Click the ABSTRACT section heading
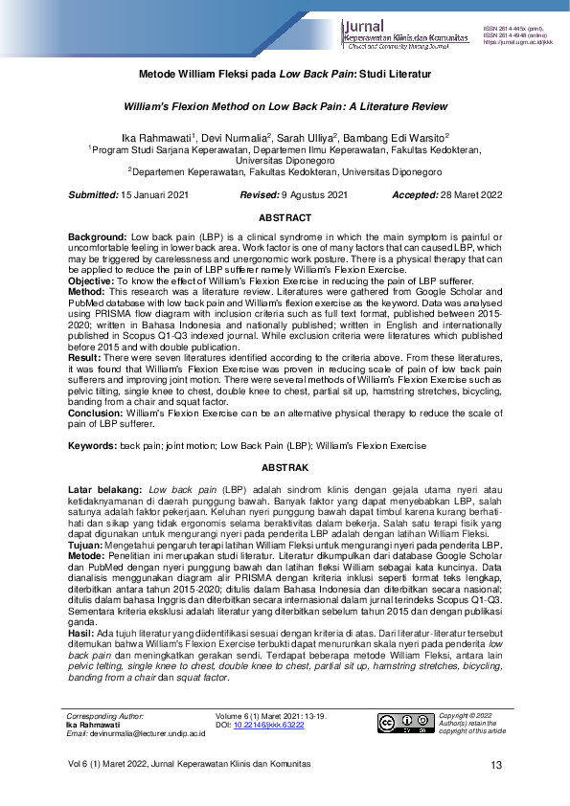tap(285, 218)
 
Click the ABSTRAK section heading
tap(285, 468)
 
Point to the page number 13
tap(496, 765)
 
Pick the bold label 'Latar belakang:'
tap(104, 489)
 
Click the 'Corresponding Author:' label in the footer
tap(103, 716)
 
